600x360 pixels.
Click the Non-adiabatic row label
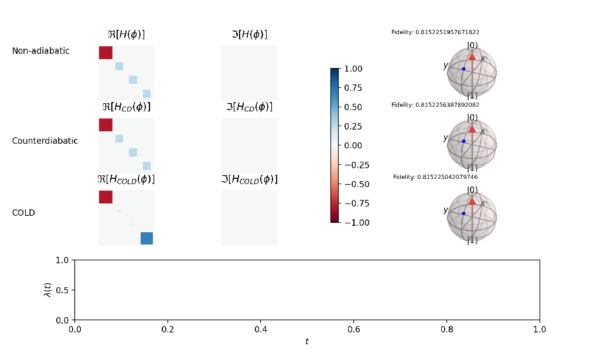40,51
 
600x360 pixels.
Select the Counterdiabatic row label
45,141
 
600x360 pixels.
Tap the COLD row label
23,213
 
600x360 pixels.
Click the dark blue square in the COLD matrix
146,238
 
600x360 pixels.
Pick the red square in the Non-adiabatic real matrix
105,52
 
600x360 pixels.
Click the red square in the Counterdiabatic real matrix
105,125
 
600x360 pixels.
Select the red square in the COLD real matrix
105,197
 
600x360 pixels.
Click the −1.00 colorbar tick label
352,222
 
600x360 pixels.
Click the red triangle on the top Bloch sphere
472,56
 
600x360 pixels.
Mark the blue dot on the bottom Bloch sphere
463,213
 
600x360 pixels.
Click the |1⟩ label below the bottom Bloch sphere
472,240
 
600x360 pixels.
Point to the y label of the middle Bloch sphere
445,138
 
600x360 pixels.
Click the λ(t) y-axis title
48,290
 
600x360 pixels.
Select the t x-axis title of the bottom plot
306,341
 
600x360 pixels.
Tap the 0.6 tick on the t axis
353,330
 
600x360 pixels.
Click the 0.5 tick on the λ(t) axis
62,290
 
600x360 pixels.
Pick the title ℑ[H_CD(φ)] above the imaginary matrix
249,107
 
